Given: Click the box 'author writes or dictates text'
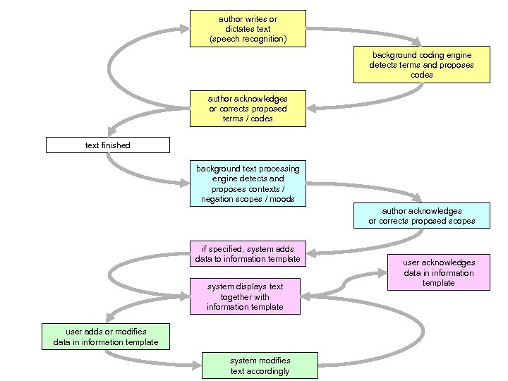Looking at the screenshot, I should click(248, 28).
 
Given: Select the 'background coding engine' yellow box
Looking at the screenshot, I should click(421, 64).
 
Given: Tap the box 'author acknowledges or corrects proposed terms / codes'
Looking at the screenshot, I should click(248, 109).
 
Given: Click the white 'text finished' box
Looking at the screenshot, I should click(108, 145).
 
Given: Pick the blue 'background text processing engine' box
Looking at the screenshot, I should click(248, 183).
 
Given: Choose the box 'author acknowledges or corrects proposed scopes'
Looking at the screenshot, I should click(421, 216).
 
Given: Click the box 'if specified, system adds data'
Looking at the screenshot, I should click(248, 254).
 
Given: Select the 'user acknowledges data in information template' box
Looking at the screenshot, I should click(438, 272).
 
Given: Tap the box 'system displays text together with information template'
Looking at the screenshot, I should click(245, 296).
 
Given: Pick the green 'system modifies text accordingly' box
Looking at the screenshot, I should click(259, 365).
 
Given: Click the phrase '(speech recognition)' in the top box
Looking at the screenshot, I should click(248, 39).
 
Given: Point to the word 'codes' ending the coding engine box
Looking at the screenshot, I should click(421, 75).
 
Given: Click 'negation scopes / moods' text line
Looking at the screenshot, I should click(248, 200).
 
